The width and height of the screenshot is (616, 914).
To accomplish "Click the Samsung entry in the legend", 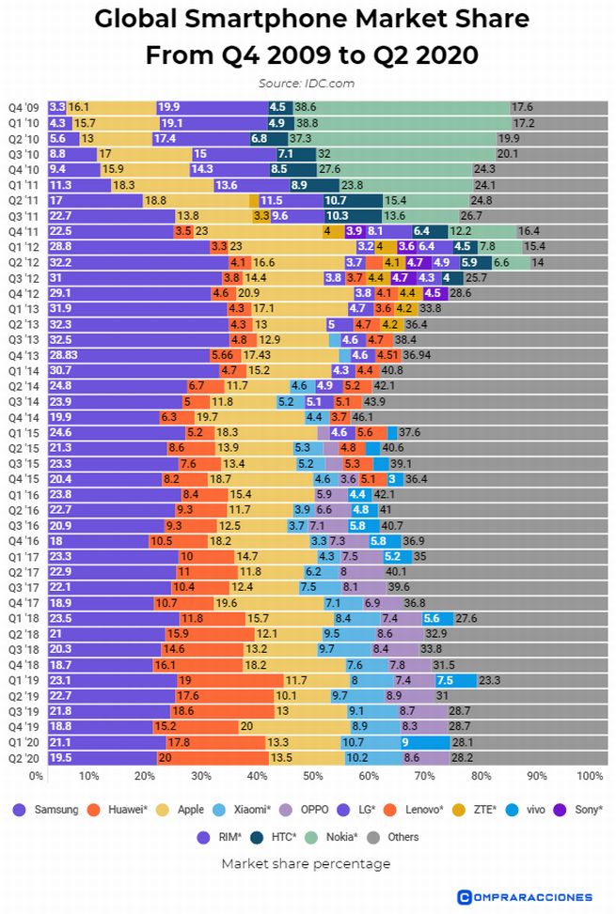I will pyautogui.click(x=47, y=809).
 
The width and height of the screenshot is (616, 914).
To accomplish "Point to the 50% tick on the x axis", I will pyautogui.click(x=312, y=776).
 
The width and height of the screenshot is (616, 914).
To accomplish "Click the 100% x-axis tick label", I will pyautogui.click(x=591, y=776).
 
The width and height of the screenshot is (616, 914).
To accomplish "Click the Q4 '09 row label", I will pyautogui.click(x=24, y=108).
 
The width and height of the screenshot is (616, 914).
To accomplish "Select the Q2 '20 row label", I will pyautogui.click(x=24, y=758).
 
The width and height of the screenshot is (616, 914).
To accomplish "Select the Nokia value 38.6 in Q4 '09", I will pyautogui.click(x=306, y=108).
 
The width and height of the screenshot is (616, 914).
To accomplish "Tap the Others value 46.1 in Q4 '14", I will pyautogui.click(x=363, y=416).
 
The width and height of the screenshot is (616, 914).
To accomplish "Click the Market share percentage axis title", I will pyautogui.click(x=306, y=863).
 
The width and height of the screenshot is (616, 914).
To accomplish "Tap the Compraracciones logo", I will pyautogui.click(x=524, y=897).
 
